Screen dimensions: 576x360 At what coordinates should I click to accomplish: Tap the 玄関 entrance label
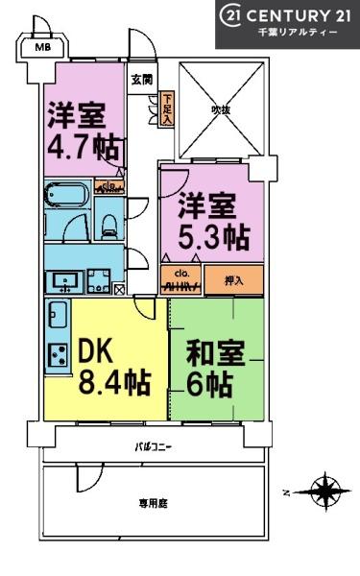tap(141, 79)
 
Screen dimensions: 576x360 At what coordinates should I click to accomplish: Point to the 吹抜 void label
tap(221, 109)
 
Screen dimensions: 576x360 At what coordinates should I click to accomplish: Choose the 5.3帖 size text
tap(216, 235)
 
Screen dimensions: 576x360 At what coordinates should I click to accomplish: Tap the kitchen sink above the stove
tap(58, 314)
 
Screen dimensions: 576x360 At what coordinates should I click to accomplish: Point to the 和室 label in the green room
tap(202, 352)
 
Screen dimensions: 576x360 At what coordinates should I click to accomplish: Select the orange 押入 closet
tap(232, 282)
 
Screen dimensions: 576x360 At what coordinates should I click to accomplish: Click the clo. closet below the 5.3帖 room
tap(180, 282)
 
